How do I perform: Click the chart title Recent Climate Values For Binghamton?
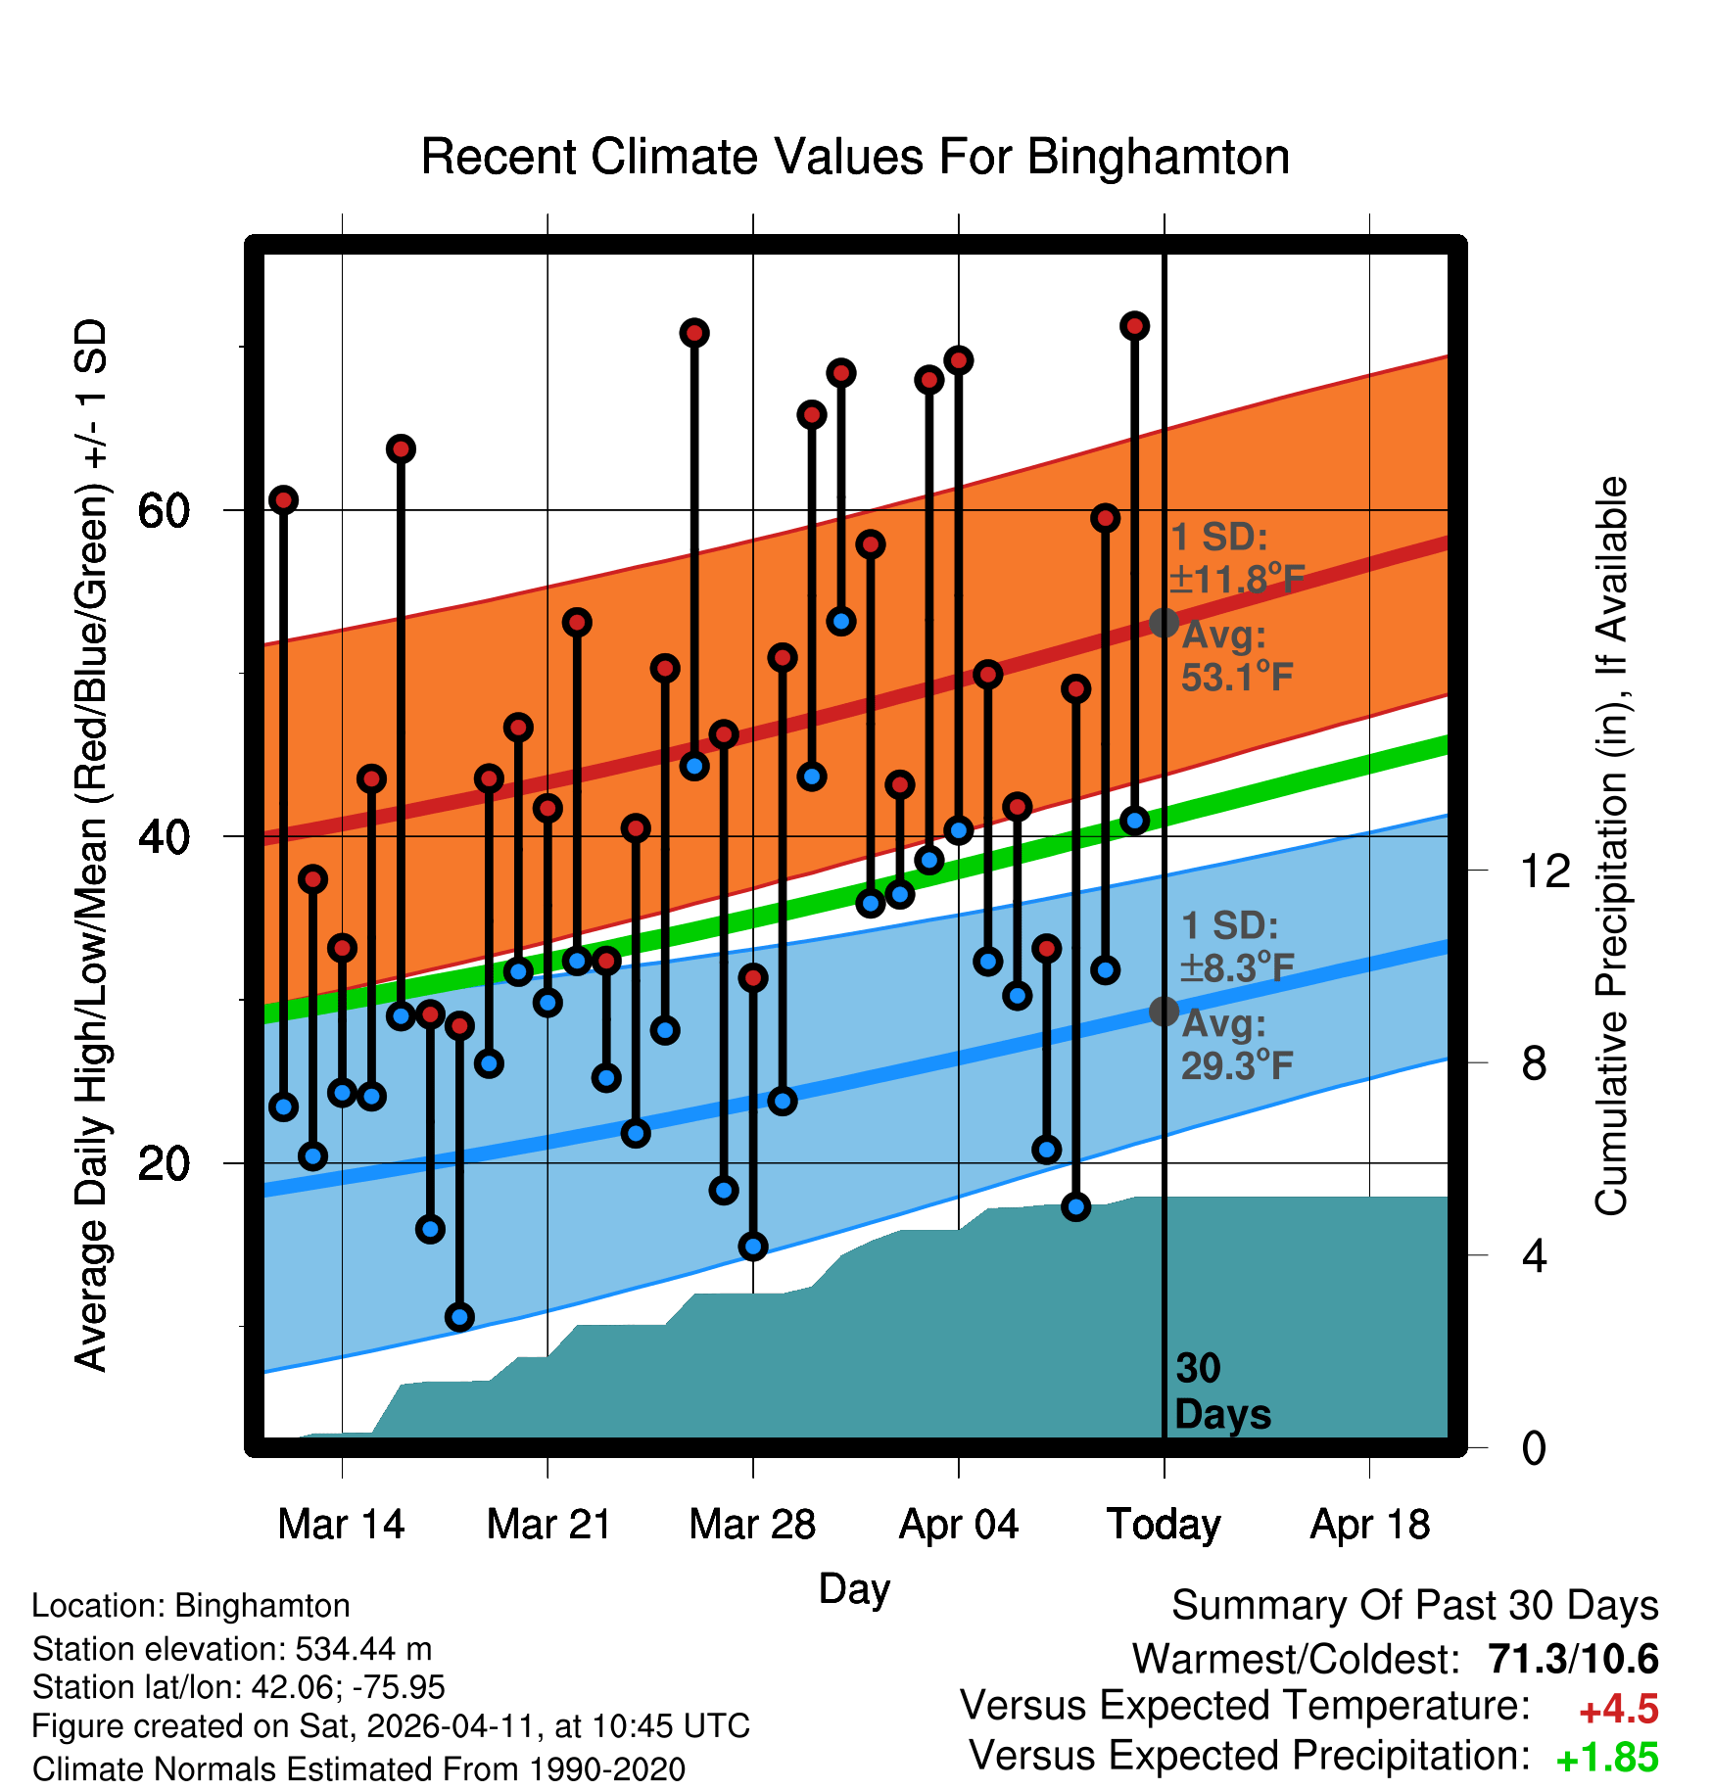(x=855, y=157)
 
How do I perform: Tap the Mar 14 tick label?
(x=341, y=1525)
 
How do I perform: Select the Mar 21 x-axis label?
(x=548, y=1525)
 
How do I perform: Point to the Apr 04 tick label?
(x=959, y=1525)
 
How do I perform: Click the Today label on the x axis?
(x=1164, y=1525)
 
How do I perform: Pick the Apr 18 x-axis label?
(x=1370, y=1525)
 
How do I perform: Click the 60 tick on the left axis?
(x=164, y=510)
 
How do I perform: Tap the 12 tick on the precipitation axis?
(x=1545, y=871)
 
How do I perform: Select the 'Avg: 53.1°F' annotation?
(x=1236, y=656)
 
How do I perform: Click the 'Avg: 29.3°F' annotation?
(x=1236, y=1045)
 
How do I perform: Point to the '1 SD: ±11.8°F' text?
(x=1236, y=558)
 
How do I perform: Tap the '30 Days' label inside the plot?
(x=1221, y=1391)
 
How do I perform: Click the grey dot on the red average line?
(x=1164, y=623)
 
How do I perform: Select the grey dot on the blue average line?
(x=1164, y=1011)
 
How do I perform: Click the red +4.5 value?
(x=1618, y=1710)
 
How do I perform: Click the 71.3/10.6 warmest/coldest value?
(x=1573, y=1659)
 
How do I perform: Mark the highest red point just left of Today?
(x=1134, y=326)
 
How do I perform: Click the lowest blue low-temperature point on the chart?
(x=459, y=1317)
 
